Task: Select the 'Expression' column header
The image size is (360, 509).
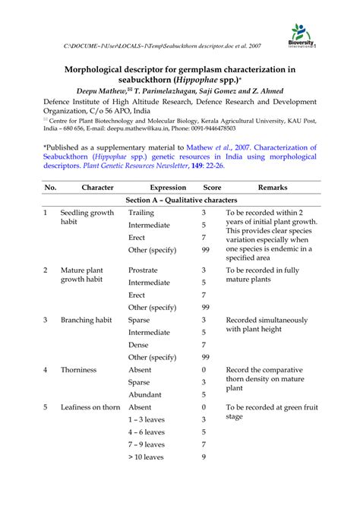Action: click(x=168, y=187)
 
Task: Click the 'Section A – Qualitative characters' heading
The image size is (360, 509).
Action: click(x=180, y=200)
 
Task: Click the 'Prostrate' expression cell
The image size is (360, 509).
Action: click(x=143, y=270)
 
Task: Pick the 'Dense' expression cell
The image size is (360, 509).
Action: click(x=139, y=344)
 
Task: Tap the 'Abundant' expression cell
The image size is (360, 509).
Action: click(x=144, y=394)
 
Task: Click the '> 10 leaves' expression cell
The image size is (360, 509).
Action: click(x=146, y=457)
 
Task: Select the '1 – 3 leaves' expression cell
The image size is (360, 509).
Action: click(x=147, y=419)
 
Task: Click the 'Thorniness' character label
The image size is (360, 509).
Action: click(x=79, y=369)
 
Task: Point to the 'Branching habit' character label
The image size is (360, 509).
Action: click(x=87, y=320)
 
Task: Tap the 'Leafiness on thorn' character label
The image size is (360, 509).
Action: click(x=90, y=407)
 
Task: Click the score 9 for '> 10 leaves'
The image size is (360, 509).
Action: click(x=204, y=457)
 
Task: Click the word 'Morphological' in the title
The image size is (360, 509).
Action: click(x=104, y=69)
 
